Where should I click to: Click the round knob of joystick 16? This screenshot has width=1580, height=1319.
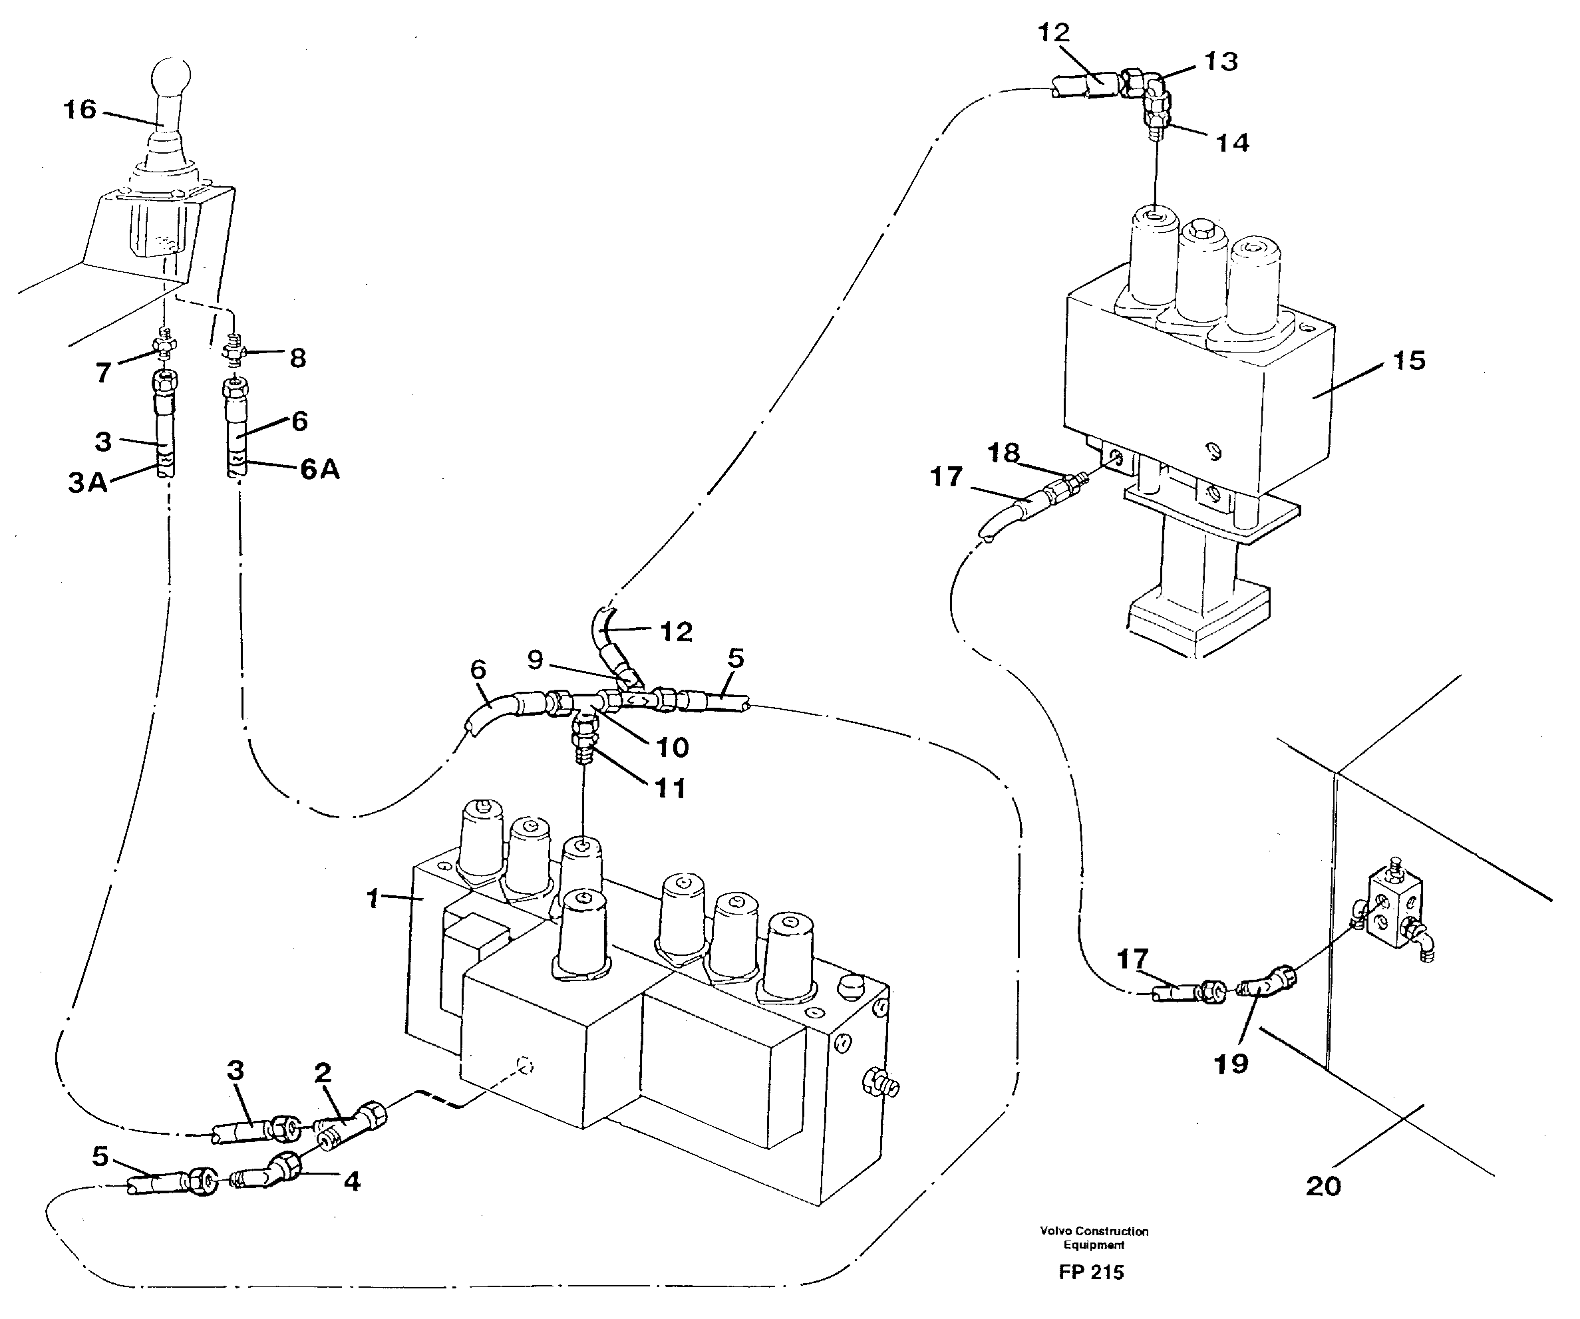point(171,76)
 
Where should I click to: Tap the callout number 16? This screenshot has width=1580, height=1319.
point(80,110)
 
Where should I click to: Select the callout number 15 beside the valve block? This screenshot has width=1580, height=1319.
point(1408,361)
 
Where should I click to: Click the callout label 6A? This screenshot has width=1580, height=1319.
point(320,470)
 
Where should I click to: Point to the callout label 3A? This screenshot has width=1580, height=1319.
point(88,482)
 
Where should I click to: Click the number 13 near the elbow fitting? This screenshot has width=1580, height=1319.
point(1220,62)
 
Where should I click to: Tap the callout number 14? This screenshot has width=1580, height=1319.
point(1232,142)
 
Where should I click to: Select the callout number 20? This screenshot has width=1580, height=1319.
point(1323,1187)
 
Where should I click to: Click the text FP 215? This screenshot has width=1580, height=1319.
point(1091,1272)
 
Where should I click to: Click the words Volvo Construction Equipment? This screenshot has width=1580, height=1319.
point(1094,1238)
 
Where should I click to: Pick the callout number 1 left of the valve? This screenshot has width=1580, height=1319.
point(373,899)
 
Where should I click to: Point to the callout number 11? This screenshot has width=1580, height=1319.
point(670,789)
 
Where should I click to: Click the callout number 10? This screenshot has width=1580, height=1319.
point(672,747)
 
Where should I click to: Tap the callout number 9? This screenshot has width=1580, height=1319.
point(535,660)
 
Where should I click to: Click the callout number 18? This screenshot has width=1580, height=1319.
point(1003,452)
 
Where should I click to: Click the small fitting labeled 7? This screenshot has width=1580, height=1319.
point(165,345)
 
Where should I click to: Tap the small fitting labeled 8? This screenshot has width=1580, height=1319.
point(236,351)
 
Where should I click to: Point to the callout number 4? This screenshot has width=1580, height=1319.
point(351,1181)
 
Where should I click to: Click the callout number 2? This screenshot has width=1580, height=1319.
point(323,1072)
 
